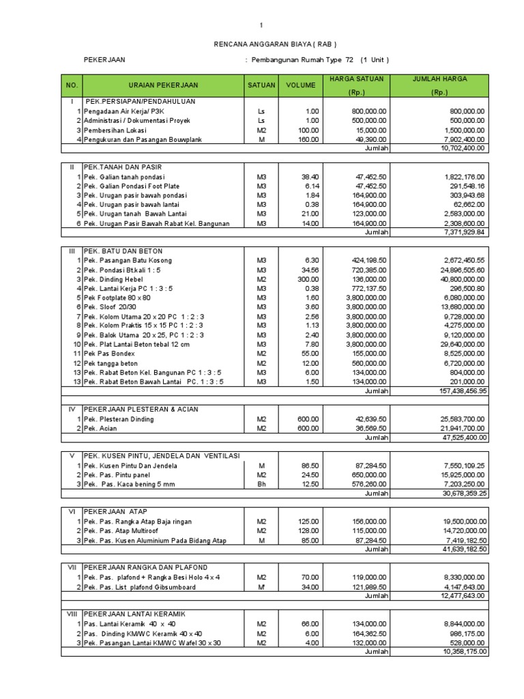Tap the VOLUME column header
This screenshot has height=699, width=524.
click(300, 85)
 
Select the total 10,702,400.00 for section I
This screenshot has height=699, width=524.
click(463, 147)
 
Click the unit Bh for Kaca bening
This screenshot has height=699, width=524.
click(261, 484)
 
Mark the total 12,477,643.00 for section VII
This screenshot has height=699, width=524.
click(463, 596)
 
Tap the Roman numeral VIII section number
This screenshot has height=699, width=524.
click(73, 614)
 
